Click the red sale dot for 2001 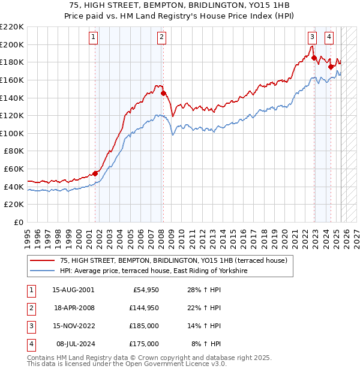tap(95, 173)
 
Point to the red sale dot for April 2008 tap(163, 93)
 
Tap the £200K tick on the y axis tap(12, 44)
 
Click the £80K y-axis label tap(14, 151)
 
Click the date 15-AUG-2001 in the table tap(73, 290)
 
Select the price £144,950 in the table tap(144, 308)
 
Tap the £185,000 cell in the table tap(144, 326)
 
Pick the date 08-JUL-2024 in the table tap(73, 344)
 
